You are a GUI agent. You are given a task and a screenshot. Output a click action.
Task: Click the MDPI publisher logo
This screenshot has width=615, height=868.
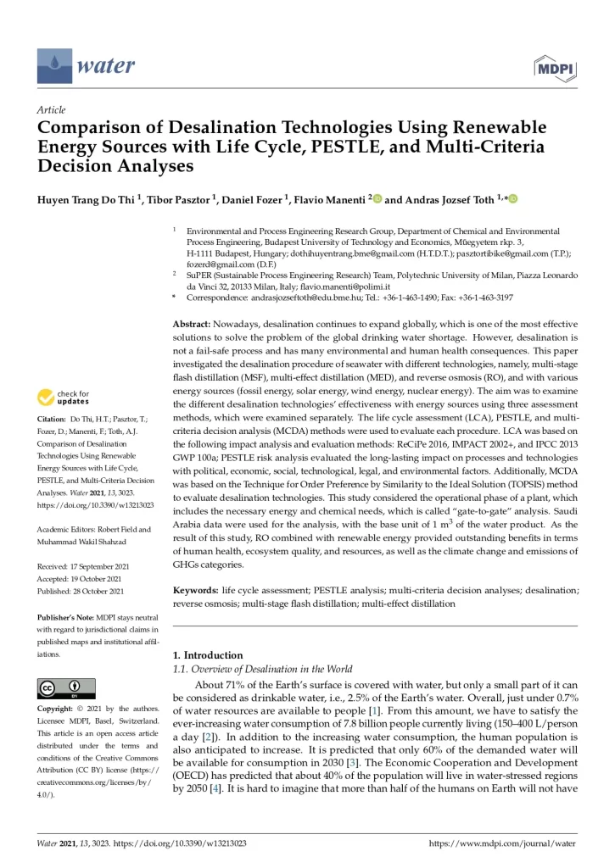(x=555, y=65)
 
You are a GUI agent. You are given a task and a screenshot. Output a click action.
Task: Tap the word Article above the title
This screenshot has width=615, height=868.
(x=52, y=110)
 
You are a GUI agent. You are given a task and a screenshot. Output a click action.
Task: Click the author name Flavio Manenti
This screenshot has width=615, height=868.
(x=331, y=200)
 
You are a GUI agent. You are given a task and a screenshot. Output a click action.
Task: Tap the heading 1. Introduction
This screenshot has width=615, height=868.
(x=208, y=655)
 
